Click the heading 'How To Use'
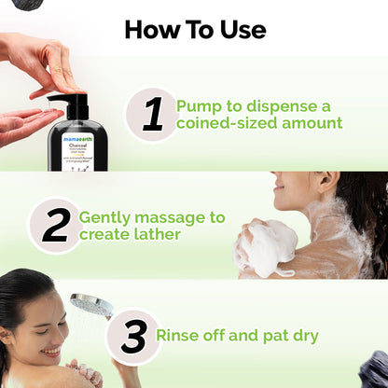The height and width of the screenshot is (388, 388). coord(194,29)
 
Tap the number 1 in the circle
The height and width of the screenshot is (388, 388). coord(153,114)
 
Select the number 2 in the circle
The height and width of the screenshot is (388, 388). coord(55,225)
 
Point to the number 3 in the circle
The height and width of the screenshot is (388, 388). coord(132,336)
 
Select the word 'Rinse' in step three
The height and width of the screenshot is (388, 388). coord(182,336)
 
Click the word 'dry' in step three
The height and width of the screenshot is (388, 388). coord(303,336)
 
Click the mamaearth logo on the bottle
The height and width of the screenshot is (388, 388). coord(77,136)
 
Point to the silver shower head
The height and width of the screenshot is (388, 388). coord(90,305)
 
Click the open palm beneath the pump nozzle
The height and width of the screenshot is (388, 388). coord(25,126)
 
